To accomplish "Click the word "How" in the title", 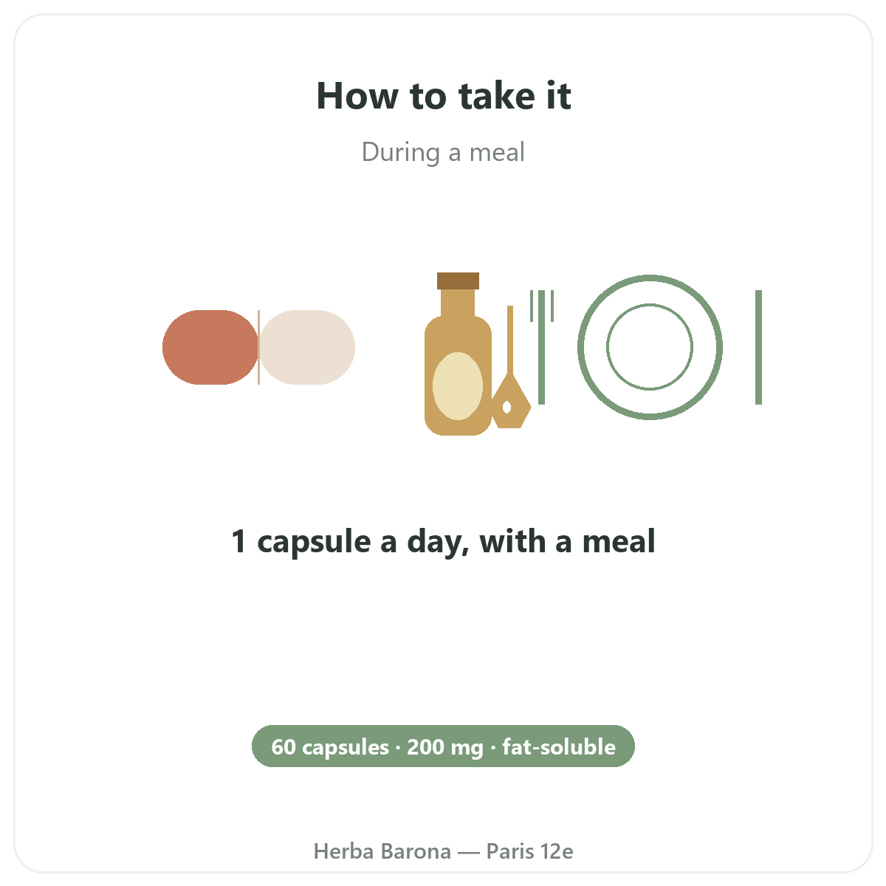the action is pos(357,96).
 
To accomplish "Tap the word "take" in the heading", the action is pos(497,95).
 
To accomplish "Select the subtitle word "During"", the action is pos(401,153).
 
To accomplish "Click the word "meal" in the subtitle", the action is pos(497,152).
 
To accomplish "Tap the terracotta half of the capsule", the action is pos(210,347).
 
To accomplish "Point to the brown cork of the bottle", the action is pos(458,281).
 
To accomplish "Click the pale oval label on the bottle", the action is pos(458,386).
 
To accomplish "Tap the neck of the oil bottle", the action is pos(458,303).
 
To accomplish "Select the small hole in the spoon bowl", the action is pos(506,407).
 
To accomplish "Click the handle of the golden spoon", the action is pos(510,340).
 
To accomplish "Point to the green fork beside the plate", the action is pos(542,347).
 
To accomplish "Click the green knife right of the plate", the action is pos(759,347).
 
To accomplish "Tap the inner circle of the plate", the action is pos(650,304).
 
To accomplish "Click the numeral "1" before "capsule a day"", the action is pos(238,541).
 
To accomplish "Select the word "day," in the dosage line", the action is pos(438,542).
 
